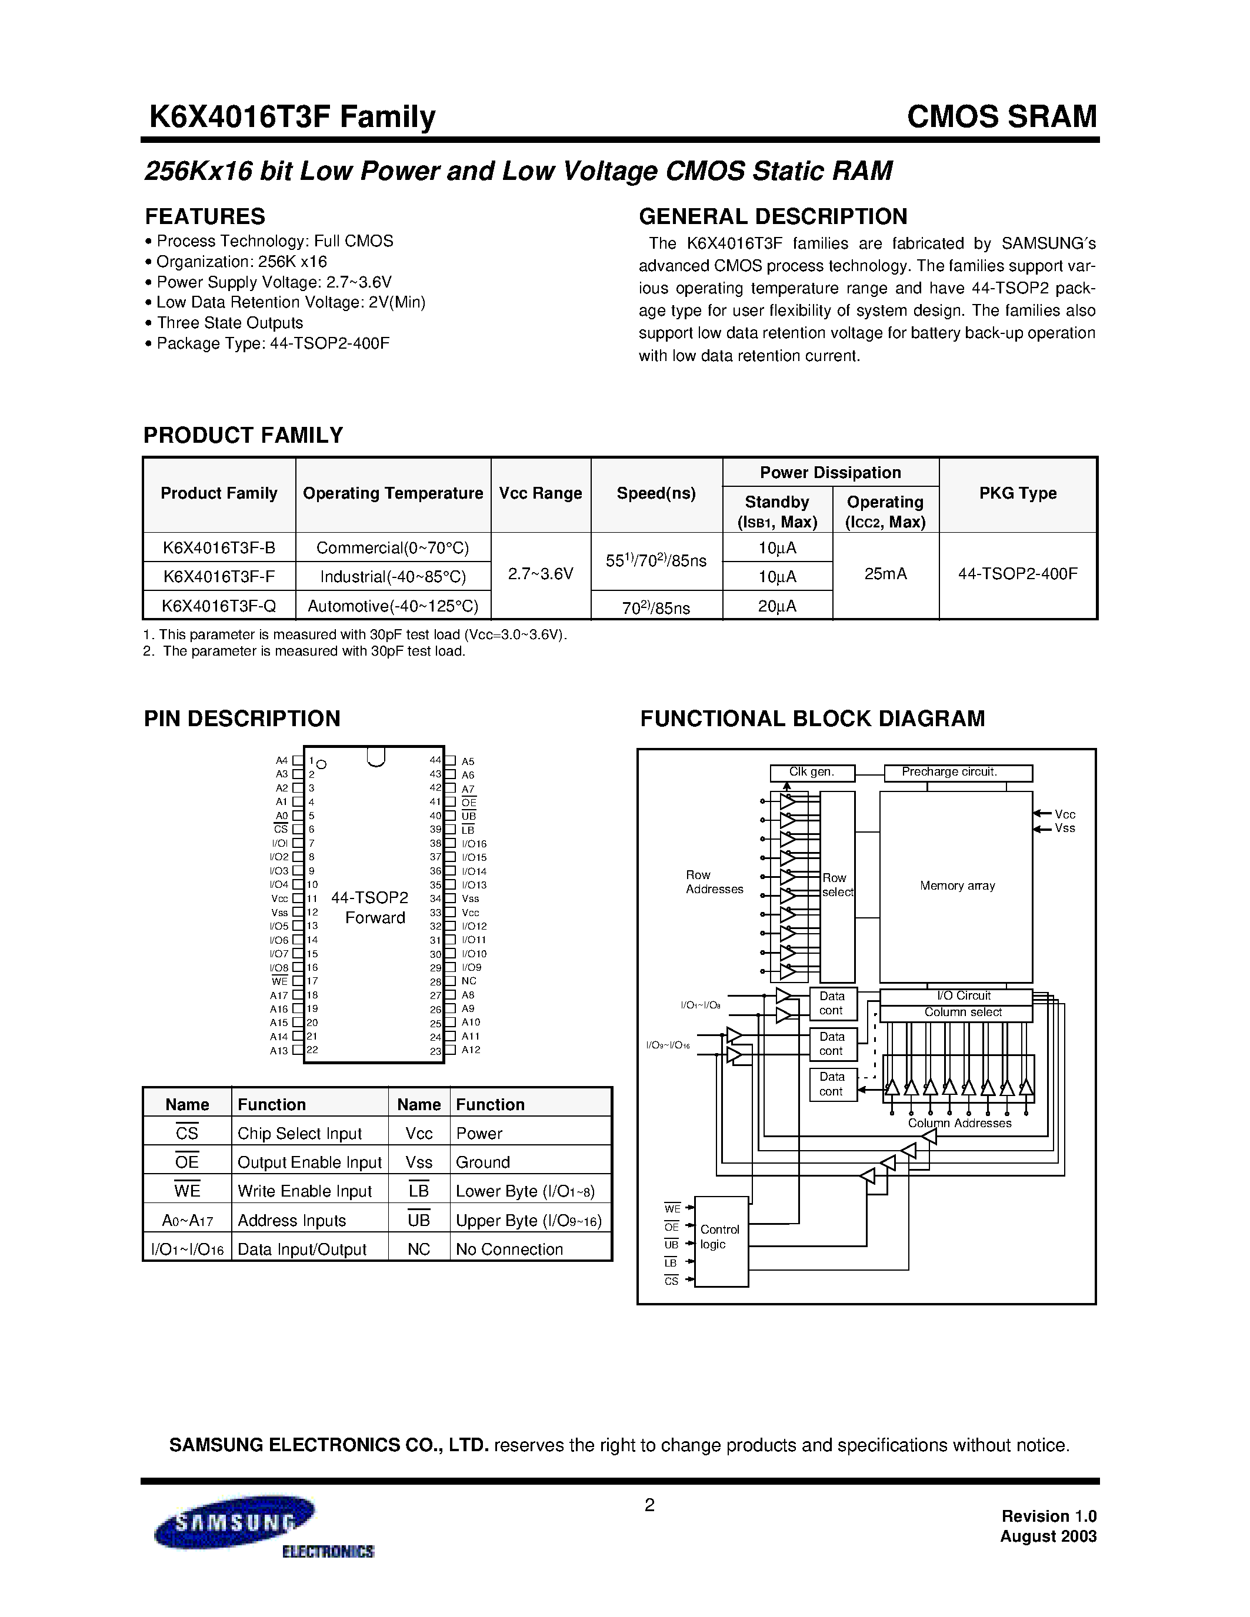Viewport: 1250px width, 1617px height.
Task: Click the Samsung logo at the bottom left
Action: pyautogui.click(x=234, y=1522)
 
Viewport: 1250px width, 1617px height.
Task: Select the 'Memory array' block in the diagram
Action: pyautogui.click(x=956, y=886)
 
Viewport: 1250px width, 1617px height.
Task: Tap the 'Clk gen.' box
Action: pyautogui.click(x=812, y=772)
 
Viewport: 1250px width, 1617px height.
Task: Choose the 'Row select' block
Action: pyautogui.click(x=837, y=886)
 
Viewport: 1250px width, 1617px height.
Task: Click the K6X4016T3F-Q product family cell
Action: pyautogui.click(x=218, y=606)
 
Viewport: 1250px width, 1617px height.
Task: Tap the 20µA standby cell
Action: pyautogui.click(x=777, y=606)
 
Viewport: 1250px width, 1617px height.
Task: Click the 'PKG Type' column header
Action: pyautogui.click(x=1018, y=493)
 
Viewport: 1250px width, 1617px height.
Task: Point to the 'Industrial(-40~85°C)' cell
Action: pyautogui.click(x=392, y=576)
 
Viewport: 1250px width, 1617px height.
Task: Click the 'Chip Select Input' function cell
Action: pyautogui.click(x=299, y=1134)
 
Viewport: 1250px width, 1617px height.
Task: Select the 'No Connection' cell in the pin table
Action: pyautogui.click(x=509, y=1249)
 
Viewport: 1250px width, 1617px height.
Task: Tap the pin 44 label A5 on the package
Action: pyautogui.click(x=468, y=761)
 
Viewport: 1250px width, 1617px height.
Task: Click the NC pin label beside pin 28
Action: pyautogui.click(x=469, y=981)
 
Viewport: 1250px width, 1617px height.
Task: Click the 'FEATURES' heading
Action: pyautogui.click(x=205, y=216)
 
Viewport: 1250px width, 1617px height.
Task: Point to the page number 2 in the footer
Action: pyautogui.click(x=649, y=1505)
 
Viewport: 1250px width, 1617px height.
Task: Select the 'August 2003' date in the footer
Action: pyautogui.click(x=1048, y=1536)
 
